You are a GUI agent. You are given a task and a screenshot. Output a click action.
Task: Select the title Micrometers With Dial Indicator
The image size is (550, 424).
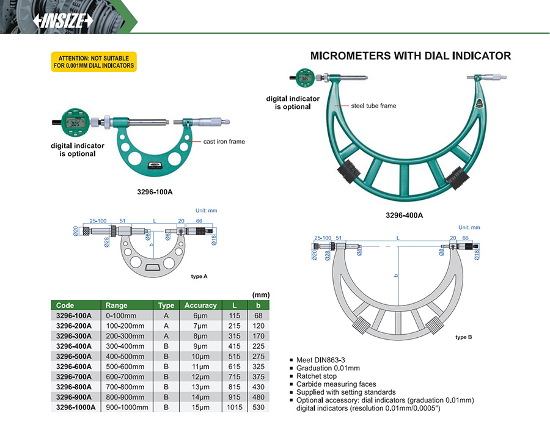pos(410,56)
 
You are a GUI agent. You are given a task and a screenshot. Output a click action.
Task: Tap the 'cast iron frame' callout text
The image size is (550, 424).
pos(224,142)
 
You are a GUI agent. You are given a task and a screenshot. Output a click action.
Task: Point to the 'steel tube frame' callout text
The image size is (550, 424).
pos(373,106)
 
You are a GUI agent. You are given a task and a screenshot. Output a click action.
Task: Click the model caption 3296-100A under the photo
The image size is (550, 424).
pos(155,192)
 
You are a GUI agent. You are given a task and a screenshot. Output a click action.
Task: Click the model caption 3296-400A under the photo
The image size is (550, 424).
pos(404,215)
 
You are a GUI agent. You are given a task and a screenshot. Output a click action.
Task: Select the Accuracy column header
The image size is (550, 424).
pos(200,305)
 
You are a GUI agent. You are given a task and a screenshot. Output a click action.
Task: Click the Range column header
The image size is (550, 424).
pos(117,305)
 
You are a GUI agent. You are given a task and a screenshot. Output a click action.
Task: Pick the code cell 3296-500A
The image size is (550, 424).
pos(74,356)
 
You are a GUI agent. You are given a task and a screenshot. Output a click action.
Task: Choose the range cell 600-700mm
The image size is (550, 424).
pos(125,376)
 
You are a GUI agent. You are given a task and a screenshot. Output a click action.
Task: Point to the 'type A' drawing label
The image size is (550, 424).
pos(199,276)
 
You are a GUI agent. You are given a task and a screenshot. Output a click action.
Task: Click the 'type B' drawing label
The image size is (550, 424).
pos(463,337)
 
